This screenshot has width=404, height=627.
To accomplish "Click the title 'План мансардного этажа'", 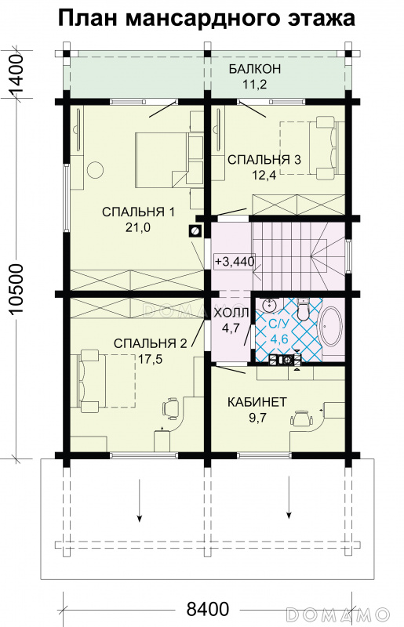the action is point(206,18).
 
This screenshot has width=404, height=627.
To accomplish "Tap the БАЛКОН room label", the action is point(255,69).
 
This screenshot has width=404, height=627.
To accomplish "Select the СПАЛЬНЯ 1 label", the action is point(138,212).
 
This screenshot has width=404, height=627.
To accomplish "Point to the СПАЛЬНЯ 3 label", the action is point(264,160).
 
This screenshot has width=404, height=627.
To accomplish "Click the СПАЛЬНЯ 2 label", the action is point(150,343).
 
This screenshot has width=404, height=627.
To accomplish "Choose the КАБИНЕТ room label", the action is point(257,402).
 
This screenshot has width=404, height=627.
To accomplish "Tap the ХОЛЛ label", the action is point(231,313).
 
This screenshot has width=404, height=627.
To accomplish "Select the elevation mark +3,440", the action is point(235,262).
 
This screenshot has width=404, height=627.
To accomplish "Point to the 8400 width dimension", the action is point(208,609).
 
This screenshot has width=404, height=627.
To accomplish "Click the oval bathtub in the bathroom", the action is point(332,327).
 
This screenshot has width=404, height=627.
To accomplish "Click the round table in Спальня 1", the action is point(95,169).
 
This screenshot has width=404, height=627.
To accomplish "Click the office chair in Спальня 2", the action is point(170,408).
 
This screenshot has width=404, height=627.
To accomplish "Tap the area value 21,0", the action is point(138,227).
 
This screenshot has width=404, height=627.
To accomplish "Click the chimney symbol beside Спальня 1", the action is point(195,230).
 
